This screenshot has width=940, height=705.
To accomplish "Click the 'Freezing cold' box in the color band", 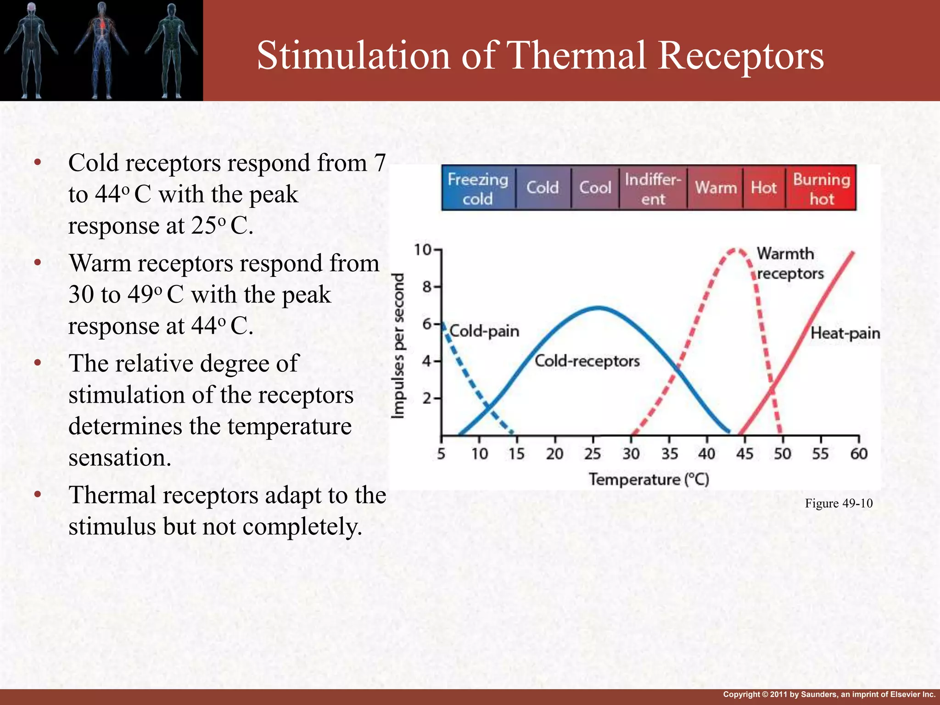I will pos(478,188).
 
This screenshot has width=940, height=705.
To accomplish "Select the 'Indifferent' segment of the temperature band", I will pos(653,188).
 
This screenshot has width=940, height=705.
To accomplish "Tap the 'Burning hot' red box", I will pos(821,188).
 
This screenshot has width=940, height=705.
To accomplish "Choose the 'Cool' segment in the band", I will pos(595,188).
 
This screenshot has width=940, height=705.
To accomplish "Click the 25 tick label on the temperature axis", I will pos(593,454).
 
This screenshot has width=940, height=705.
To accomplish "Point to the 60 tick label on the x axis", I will pos(859,454).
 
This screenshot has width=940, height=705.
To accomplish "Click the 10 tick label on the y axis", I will pos(423,250).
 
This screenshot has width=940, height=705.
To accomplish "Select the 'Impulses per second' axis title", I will pos(399,346).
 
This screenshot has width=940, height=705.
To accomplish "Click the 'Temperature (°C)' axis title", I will pos(649,480).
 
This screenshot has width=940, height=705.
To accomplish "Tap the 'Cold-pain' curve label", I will pos(485,331).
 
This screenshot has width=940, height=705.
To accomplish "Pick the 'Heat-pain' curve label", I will pos(845,333).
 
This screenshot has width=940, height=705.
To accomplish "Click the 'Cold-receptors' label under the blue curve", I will pos(587,361).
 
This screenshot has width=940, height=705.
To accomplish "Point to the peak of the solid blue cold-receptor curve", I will pos(599,308).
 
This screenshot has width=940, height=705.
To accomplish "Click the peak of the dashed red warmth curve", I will pos(735,250).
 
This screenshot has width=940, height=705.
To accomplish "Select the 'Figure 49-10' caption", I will pos(839,504).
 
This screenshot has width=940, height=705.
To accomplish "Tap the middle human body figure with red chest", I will pos(102,50).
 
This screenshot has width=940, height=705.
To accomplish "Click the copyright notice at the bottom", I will pos(829,694).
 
